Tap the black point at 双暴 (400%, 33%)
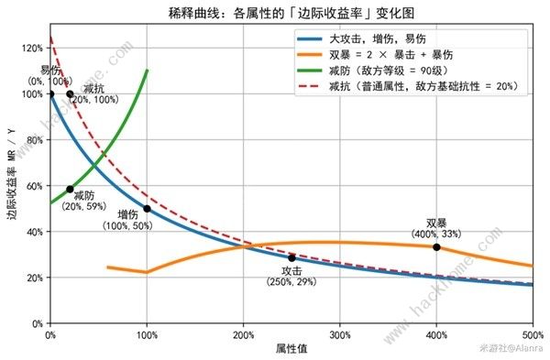(436, 247)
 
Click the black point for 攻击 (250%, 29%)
(291, 257)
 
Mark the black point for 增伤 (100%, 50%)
(147, 209)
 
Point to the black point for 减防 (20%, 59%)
(70, 189)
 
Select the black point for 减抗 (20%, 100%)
(70, 93)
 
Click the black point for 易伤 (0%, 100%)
(50, 93)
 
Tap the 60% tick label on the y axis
(34, 186)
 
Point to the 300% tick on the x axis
(340, 333)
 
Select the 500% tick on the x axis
(532, 333)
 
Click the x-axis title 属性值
(291, 349)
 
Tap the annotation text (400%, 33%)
(436, 234)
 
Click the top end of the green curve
(147, 70)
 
